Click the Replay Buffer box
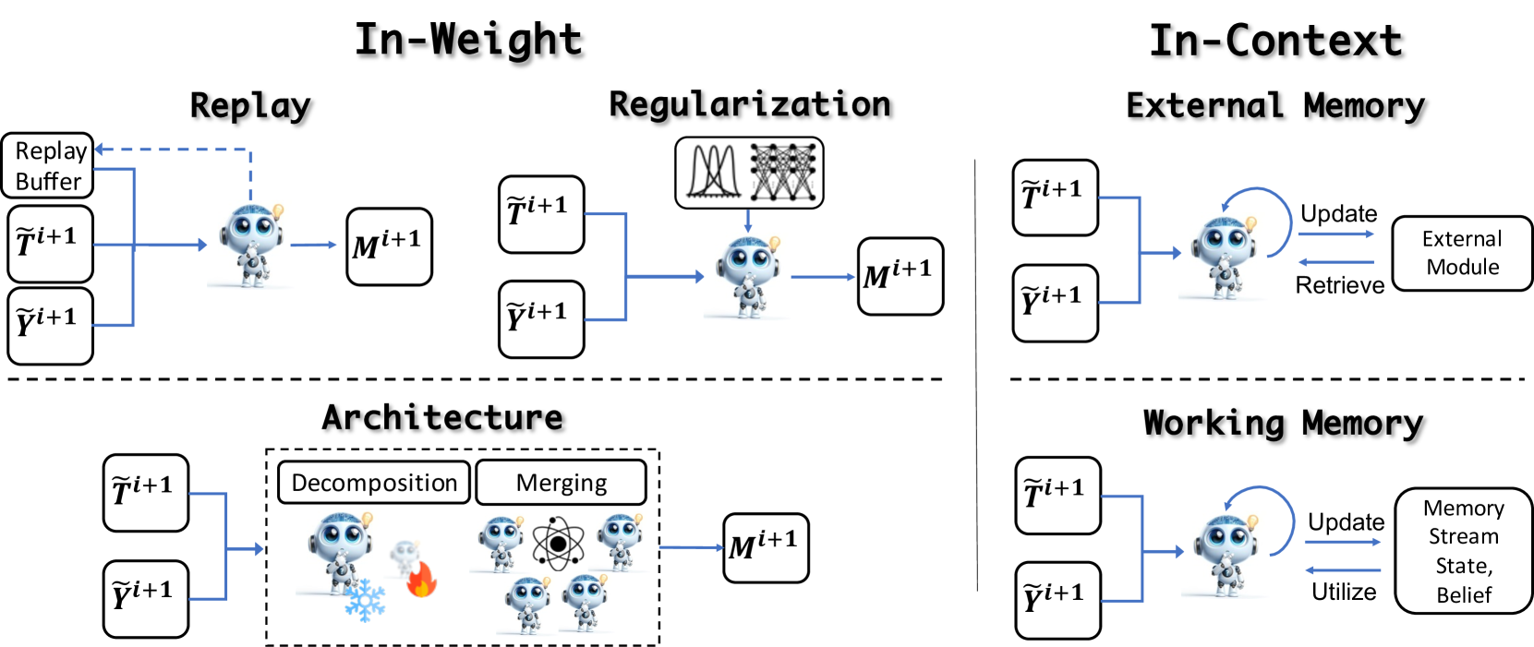coord(48,166)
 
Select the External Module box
coord(1462,253)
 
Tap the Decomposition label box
coord(374,483)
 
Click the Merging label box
coord(561,483)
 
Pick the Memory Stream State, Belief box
coord(1464,550)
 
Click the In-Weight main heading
coord(469,40)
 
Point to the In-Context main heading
coord(1275,41)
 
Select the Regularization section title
coord(750,104)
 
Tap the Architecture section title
coord(442,417)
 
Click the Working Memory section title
coord(1283,423)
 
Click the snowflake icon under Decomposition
coord(365,600)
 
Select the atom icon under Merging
coord(558,544)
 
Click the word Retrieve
coord(1339,285)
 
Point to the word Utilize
coord(1344,592)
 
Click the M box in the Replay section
coord(389,246)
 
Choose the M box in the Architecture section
coord(766,547)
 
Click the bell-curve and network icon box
coord(749,173)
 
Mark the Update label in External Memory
coord(1339,214)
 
